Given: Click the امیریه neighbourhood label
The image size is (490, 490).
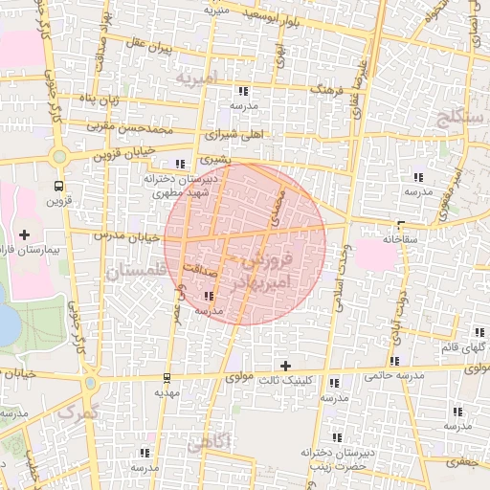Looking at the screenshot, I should point(198,75).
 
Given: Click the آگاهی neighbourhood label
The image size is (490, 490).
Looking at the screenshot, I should point(209,444).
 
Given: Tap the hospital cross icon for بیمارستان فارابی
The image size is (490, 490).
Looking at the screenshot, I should point(24,234).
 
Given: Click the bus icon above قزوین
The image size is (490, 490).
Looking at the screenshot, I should point(59,187).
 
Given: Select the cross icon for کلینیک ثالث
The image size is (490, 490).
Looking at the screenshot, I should point(284,366).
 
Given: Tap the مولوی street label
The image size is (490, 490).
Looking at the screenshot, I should point(239,378).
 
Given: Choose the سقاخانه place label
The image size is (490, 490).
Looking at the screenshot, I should point(404,238).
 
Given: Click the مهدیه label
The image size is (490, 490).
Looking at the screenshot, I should point(167,392).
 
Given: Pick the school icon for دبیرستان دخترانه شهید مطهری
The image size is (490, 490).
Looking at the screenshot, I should point(181,164).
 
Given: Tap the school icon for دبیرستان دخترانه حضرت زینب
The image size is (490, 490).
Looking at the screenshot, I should point(334,436).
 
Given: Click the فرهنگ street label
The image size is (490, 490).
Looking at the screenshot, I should point(326,89).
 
